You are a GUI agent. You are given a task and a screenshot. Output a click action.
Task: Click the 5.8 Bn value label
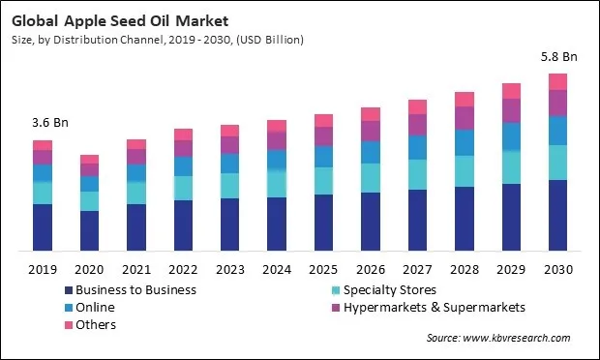557,56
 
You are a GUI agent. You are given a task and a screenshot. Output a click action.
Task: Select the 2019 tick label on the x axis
42,268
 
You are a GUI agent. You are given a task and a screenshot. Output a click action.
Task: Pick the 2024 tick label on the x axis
277,268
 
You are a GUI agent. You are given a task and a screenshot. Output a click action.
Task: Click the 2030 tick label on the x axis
558,268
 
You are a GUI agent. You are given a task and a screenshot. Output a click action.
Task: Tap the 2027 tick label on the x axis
417,268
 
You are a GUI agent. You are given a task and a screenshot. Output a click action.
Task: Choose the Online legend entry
96,307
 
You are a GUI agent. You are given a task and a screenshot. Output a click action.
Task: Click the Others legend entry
97,324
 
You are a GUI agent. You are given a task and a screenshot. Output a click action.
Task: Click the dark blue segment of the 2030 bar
558,215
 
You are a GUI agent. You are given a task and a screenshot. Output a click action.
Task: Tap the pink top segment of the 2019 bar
43,145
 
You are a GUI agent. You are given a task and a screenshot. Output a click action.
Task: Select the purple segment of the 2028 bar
465,117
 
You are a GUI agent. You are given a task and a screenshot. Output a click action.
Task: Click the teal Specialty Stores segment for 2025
324,180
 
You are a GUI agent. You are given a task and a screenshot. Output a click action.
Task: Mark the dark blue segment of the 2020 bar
89,230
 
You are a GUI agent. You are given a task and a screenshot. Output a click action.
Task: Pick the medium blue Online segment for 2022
183,165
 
